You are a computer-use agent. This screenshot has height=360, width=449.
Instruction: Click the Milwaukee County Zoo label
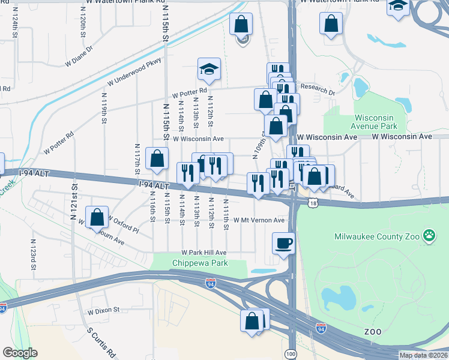tap(376, 236)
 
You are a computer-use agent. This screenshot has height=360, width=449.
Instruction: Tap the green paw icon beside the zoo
tap(429, 235)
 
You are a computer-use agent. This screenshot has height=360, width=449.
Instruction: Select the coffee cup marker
tap(283, 244)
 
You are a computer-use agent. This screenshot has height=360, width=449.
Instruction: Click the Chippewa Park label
tap(191, 263)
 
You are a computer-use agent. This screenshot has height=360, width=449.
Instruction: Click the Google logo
tap(20, 353)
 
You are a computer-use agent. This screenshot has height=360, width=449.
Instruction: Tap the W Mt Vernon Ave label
tap(259, 220)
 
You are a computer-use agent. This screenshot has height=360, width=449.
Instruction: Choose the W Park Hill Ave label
tap(204, 253)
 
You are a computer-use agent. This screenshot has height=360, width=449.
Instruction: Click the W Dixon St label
tap(103, 311)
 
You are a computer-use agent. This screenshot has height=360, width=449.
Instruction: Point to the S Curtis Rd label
tap(100, 343)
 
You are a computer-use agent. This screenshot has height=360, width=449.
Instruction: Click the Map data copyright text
tap(423, 355)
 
